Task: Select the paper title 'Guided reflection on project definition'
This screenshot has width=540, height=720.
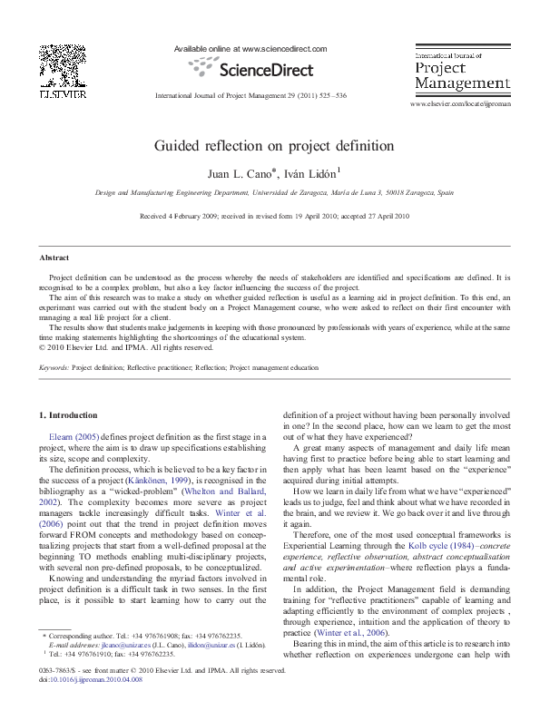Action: click(272, 145)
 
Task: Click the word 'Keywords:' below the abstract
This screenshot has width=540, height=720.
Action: click(54, 368)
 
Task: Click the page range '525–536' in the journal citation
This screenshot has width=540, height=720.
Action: click(329, 95)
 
